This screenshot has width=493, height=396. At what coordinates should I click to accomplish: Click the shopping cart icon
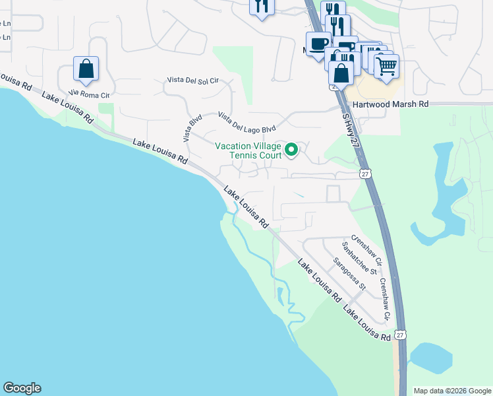coord(386,64)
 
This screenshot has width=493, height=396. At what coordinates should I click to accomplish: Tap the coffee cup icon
coord(318,44)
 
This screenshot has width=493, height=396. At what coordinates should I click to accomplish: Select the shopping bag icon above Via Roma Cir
coord(86,67)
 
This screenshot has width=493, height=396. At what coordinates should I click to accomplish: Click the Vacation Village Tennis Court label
coord(248,150)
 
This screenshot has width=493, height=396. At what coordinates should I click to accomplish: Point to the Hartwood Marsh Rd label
coord(390,104)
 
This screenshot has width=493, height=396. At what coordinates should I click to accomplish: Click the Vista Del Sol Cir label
coord(190,81)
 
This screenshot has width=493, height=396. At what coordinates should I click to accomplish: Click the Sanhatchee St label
coord(358,258)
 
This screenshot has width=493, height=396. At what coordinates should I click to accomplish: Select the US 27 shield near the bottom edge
coord(401,335)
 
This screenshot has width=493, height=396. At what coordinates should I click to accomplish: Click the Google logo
coord(22,388)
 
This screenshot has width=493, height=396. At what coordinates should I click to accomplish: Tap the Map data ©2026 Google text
coord(452,391)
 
